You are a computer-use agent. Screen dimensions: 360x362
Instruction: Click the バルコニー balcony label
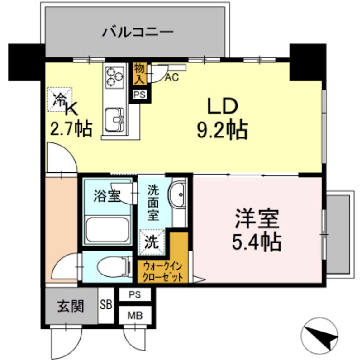[138, 32]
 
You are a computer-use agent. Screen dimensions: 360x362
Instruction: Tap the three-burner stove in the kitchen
[114, 76]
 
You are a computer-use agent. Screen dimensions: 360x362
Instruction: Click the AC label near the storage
[171, 77]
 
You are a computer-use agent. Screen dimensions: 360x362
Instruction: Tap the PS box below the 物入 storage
[139, 95]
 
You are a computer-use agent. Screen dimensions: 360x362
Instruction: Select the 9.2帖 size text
[221, 131]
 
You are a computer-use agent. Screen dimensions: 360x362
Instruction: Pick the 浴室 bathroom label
[106, 196]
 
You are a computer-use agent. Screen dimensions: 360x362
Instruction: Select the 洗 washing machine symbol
[152, 242]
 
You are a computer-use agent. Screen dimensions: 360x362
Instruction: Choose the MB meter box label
[135, 315]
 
